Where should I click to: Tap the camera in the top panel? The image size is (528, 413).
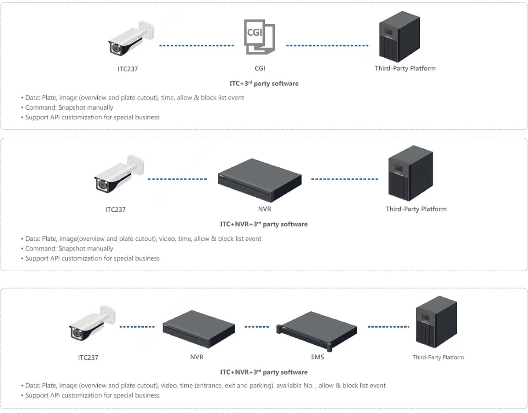(x=130, y=41)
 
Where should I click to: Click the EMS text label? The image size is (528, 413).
(x=317, y=357)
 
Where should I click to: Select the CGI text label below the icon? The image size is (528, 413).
(x=260, y=68)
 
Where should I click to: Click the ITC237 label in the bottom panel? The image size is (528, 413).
(x=88, y=358)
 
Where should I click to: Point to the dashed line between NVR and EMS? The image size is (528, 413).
(x=257, y=327)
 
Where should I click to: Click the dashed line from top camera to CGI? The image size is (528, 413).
(x=196, y=45)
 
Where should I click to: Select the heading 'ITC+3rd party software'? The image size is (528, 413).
(x=264, y=83)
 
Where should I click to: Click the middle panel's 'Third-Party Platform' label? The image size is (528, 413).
(x=416, y=209)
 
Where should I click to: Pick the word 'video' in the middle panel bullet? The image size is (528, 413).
(x=169, y=239)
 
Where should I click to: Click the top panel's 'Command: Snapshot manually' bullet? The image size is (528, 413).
(x=69, y=107)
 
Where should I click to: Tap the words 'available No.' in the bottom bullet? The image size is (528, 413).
(x=296, y=385)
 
